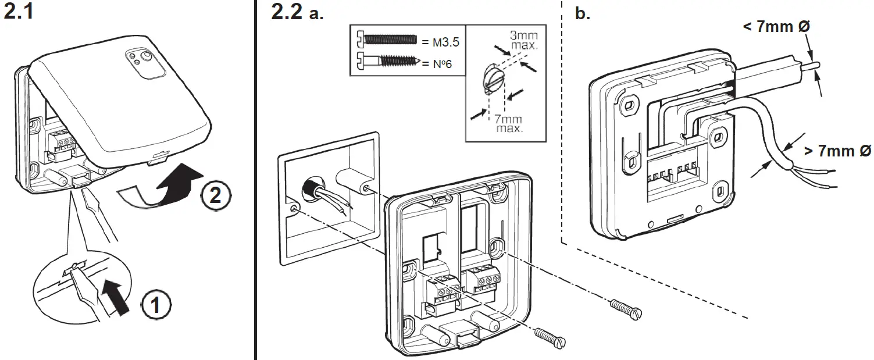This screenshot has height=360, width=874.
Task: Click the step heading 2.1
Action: (x=19, y=13)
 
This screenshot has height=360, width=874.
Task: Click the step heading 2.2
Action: (x=287, y=13)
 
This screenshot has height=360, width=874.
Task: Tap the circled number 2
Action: (x=215, y=195)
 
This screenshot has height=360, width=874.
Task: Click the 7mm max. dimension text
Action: (x=508, y=123)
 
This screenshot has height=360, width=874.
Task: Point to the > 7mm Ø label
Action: (x=837, y=151)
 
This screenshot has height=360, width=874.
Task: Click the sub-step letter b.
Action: (x=582, y=14)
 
